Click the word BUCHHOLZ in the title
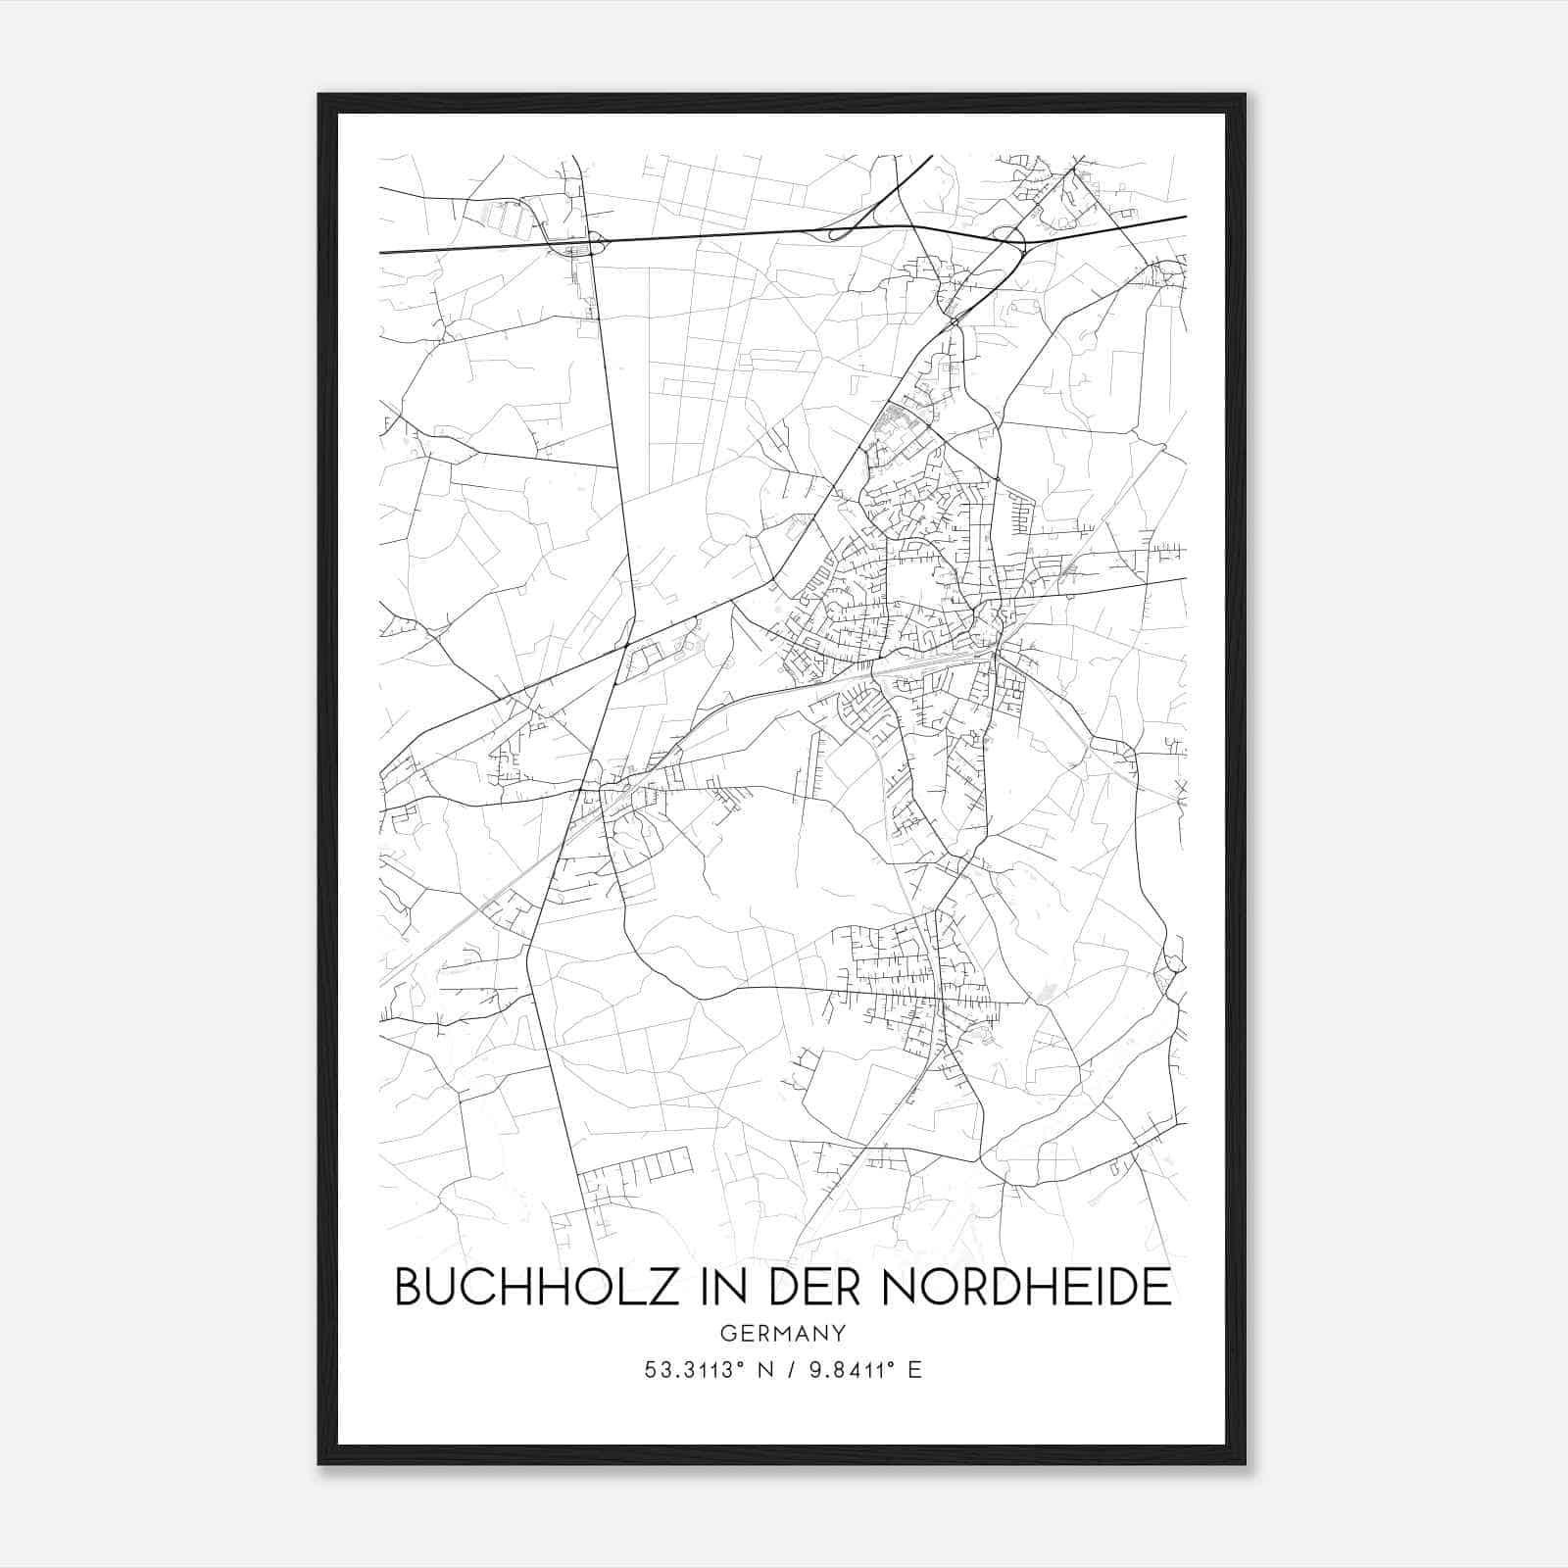click(533, 1287)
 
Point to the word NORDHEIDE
click(1027, 1287)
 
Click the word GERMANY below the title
click(783, 1334)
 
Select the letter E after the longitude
click(915, 1370)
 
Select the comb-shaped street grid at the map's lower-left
click(637, 1172)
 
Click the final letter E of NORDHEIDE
click(1158, 1287)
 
